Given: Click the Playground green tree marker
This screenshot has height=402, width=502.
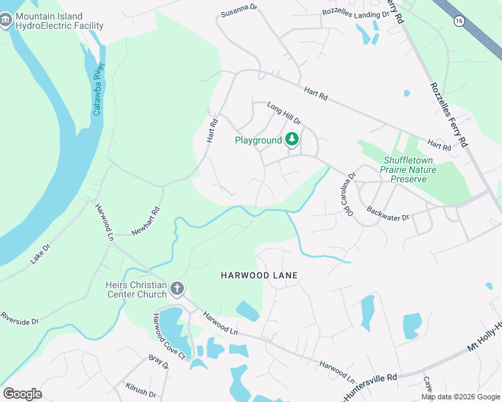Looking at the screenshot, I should (292, 139).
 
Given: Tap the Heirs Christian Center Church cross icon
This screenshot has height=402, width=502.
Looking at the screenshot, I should (177, 289).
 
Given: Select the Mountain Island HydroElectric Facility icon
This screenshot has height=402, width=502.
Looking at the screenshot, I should (7, 21).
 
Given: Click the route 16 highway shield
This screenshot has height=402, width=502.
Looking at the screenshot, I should (458, 21).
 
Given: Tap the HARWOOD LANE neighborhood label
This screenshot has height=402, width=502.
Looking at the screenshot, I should (259, 275).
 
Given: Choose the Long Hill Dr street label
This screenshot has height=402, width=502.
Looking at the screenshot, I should (283, 113).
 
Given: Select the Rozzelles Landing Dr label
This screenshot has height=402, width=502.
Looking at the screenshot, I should (355, 13).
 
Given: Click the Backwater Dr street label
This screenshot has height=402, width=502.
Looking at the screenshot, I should (388, 210).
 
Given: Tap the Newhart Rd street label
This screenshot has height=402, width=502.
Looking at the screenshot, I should (146, 220).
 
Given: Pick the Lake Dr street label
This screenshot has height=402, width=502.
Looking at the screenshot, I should (42, 254).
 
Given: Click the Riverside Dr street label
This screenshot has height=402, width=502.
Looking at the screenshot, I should (19, 317).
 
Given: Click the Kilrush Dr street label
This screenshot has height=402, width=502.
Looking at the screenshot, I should (140, 390).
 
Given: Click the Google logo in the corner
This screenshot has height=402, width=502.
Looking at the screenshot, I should (22, 394).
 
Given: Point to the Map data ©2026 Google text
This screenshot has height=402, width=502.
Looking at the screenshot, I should (460, 397).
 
